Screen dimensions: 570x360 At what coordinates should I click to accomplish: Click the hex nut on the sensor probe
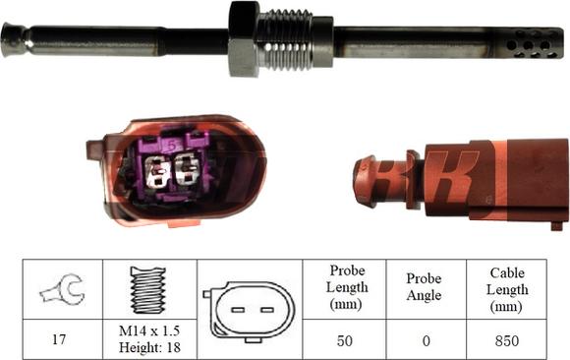point(244,38)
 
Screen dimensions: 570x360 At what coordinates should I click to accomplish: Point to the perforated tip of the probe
point(530,44)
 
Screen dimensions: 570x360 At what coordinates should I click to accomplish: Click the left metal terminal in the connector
point(156,171)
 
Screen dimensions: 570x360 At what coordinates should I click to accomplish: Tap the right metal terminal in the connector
point(187,169)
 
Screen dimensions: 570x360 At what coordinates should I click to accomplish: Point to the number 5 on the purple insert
point(173,146)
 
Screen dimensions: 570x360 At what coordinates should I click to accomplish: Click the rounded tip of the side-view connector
point(365,181)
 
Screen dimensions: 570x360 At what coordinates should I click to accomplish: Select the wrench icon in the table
point(63,289)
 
